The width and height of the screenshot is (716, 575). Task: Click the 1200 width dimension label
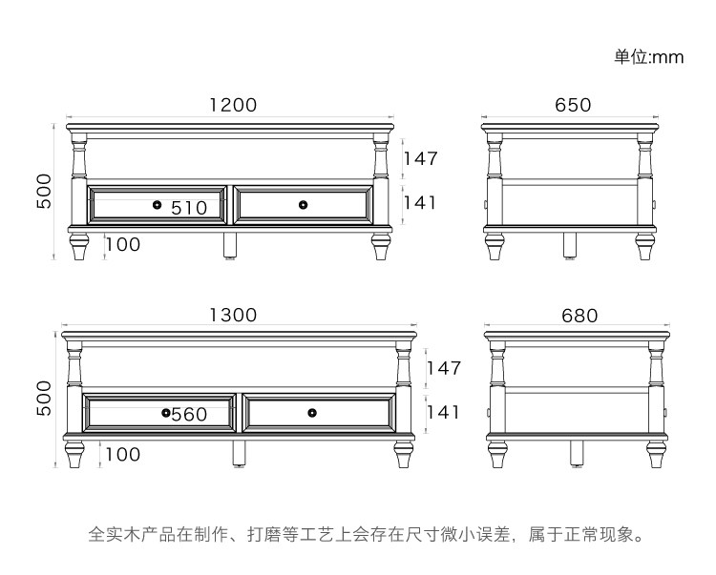click(x=233, y=105)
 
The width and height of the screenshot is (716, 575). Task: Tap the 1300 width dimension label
click(x=233, y=315)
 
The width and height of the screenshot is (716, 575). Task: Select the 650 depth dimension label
click(x=573, y=105)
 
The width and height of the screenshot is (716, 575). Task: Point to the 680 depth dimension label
click(x=573, y=315)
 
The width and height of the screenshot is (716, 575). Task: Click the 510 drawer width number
click(x=189, y=207)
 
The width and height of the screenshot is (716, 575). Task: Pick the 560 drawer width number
click(x=189, y=415)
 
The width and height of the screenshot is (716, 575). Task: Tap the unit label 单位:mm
click(x=648, y=57)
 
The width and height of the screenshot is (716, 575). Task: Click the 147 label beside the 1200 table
click(x=419, y=158)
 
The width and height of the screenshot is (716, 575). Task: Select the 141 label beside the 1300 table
click(x=442, y=412)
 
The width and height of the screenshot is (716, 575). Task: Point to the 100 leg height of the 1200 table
click(x=122, y=244)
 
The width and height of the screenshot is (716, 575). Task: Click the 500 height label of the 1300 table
click(x=43, y=397)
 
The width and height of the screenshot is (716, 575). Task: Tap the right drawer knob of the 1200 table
click(x=304, y=204)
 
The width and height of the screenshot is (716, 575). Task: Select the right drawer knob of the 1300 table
click(x=312, y=412)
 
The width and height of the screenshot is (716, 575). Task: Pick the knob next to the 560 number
click(x=166, y=412)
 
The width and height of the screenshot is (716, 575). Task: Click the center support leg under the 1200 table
click(x=230, y=245)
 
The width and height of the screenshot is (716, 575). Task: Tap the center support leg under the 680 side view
click(x=577, y=454)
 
